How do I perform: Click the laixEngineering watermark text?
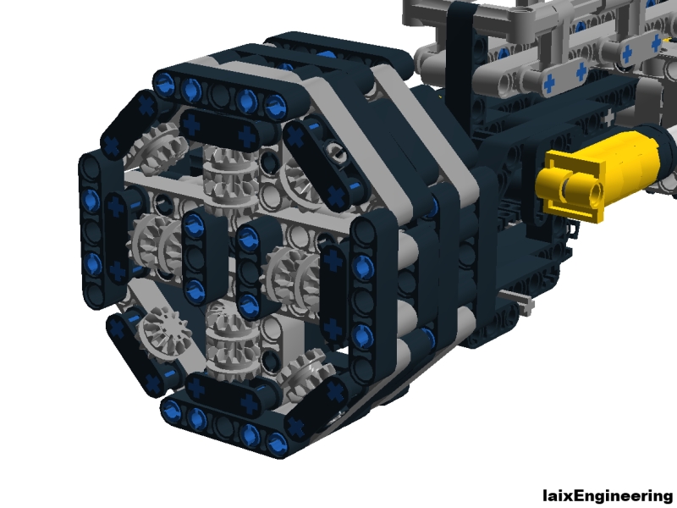coord(608,495)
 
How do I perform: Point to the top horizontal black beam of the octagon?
coord(220,91)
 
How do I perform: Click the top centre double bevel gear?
coord(228,180)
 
